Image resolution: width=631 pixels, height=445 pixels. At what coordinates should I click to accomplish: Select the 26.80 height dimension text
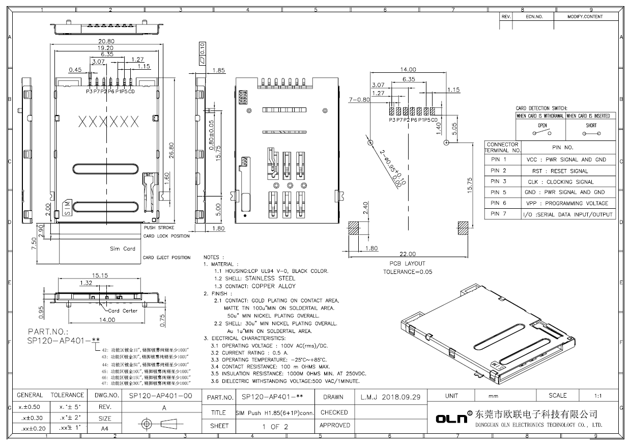(x=172, y=151)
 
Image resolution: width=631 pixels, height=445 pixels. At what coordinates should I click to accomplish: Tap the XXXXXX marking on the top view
(x=109, y=122)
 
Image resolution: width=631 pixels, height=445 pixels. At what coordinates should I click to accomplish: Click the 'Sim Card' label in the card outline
(x=122, y=248)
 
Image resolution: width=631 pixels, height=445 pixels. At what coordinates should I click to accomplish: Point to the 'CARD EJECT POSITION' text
(x=166, y=258)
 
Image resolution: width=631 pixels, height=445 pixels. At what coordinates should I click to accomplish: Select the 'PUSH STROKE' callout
(x=159, y=228)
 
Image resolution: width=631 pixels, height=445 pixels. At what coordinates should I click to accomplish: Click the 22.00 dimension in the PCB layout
(x=407, y=254)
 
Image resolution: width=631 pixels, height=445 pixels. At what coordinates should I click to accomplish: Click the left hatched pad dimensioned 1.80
(x=355, y=228)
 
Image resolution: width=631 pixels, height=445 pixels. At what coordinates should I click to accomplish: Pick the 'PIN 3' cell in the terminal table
(x=498, y=181)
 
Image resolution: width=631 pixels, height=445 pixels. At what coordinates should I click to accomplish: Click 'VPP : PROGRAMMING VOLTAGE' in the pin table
(x=566, y=203)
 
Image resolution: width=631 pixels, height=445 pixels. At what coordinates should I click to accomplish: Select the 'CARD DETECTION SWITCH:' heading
(x=539, y=108)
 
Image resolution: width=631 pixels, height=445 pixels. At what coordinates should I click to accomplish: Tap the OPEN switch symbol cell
(x=542, y=129)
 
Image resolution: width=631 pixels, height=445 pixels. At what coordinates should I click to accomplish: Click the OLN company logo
(x=451, y=419)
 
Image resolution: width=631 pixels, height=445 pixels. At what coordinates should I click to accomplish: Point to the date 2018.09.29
(x=390, y=397)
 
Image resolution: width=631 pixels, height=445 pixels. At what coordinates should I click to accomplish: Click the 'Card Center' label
(x=123, y=311)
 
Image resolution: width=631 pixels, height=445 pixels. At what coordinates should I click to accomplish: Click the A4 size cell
(x=104, y=429)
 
